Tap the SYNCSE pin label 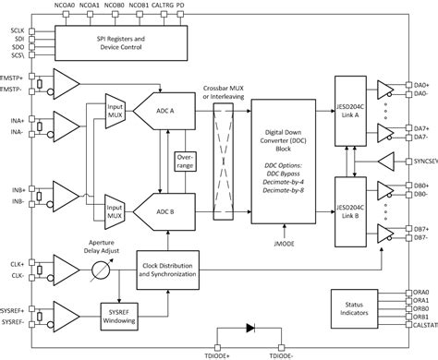422,159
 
